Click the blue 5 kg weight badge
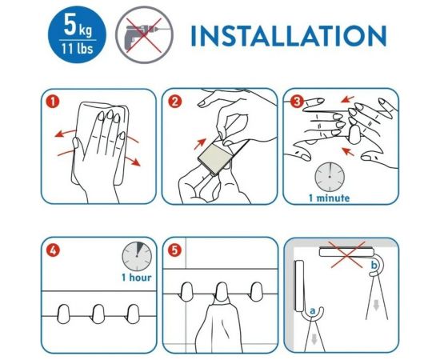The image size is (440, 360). click(77, 34)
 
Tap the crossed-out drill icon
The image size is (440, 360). click(144, 34)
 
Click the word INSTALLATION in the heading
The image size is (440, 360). click(289, 36)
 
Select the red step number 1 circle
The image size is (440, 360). click(53, 102)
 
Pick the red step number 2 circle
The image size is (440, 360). click(174, 102)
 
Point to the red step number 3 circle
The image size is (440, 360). click(297, 102)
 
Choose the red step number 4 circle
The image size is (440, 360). click(53, 250)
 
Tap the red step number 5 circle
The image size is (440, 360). click(174, 250)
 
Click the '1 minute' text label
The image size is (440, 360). click(329, 198)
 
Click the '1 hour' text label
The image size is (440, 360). click(136, 278)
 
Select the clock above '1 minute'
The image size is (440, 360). click(330, 177)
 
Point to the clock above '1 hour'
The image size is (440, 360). click(137, 257)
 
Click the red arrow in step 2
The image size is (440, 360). click(200, 144)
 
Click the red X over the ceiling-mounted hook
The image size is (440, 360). click(346, 254)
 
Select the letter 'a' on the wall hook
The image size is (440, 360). click(313, 311)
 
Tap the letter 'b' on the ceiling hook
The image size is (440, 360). click(374, 265)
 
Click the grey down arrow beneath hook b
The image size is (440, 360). click(376, 305)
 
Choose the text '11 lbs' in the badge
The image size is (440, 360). click(78, 49)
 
